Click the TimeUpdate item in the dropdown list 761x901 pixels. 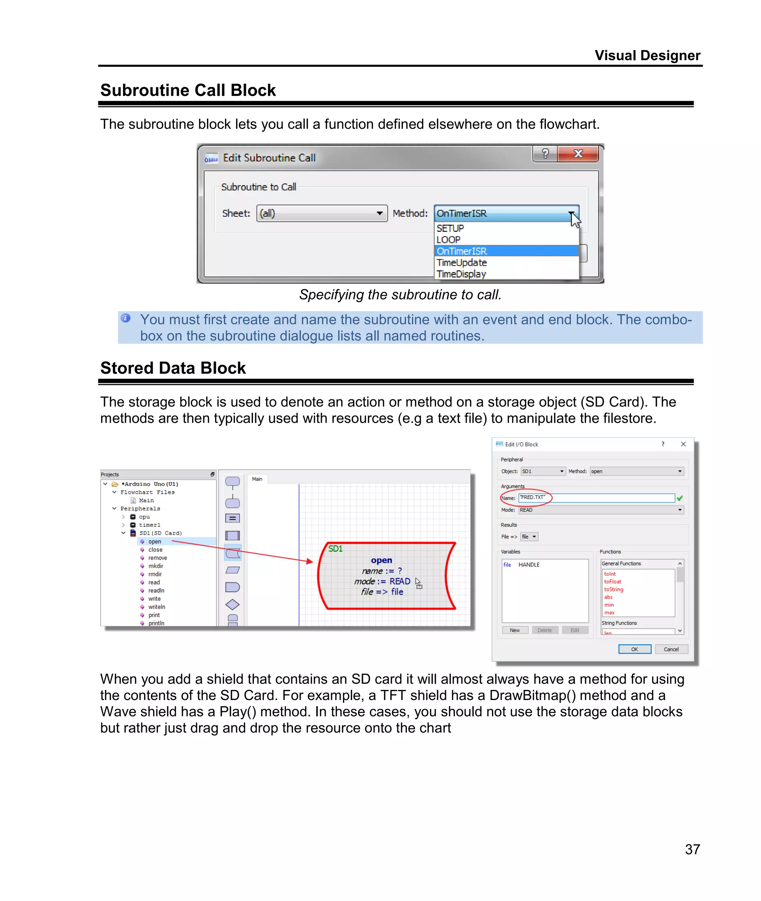462,263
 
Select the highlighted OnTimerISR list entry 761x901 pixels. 462,251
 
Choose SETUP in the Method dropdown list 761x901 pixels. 450,228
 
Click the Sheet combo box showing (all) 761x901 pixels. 321,214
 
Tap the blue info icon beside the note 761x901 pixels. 126,318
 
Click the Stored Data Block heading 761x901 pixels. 173,368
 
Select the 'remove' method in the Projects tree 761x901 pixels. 158,558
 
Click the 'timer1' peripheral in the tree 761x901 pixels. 149,525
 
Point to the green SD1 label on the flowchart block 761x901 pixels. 335,549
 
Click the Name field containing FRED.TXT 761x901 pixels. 596,498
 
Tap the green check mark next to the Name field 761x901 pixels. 680,498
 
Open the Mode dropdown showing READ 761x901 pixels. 601,510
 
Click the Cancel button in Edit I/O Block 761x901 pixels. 671,649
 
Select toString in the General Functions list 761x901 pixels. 613,590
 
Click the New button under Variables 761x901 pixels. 515,630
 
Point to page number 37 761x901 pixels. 692,849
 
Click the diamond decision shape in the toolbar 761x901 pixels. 233,605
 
